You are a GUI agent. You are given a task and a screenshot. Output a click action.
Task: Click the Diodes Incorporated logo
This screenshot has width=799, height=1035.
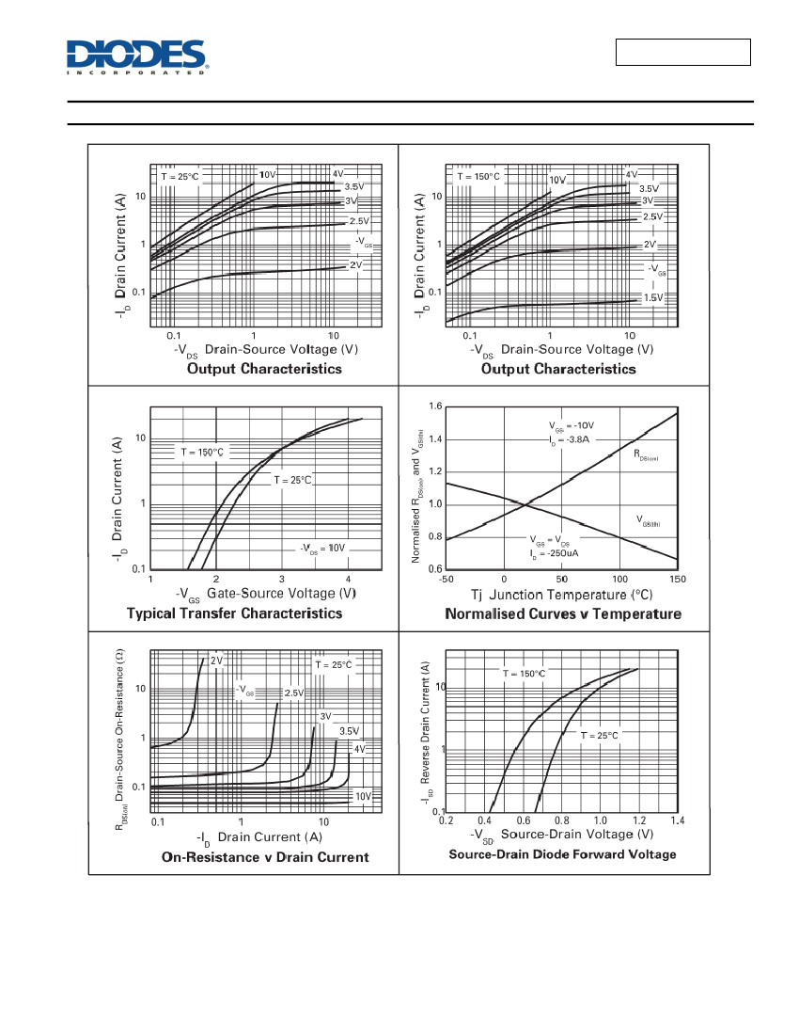(x=137, y=56)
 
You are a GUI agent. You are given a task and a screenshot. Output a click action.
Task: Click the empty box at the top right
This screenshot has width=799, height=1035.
(x=683, y=52)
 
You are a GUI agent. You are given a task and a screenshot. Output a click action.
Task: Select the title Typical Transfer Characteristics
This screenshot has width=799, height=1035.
(x=235, y=613)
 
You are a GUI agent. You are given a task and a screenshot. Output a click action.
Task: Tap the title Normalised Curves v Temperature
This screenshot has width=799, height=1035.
(x=563, y=613)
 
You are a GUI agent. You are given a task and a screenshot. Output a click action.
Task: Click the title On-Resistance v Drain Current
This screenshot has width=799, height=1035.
(x=265, y=857)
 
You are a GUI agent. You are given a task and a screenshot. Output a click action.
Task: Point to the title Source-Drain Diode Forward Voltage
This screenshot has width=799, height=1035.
(x=562, y=854)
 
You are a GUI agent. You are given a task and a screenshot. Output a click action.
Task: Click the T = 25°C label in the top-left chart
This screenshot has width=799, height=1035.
(x=180, y=177)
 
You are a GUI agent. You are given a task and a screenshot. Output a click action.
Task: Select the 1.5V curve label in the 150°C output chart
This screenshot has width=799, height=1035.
(x=653, y=297)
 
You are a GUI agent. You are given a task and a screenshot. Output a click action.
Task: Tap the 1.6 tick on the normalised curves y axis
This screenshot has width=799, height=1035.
(x=435, y=406)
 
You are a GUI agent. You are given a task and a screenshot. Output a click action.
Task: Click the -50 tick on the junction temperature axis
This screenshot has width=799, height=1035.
(x=446, y=580)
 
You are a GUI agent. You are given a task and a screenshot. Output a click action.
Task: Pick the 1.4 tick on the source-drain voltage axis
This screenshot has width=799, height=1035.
(x=678, y=820)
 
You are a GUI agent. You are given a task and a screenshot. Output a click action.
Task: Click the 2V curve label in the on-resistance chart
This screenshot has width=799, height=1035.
(x=217, y=661)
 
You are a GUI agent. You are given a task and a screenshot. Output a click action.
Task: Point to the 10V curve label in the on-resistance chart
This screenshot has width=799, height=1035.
(x=363, y=796)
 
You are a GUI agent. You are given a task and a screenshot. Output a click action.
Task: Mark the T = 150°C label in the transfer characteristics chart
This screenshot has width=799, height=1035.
(x=202, y=453)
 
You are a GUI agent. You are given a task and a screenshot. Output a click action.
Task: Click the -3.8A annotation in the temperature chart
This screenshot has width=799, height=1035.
(x=570, y=439)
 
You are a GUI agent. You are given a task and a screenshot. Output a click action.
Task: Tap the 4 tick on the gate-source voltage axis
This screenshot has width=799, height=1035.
(x=348, y=580)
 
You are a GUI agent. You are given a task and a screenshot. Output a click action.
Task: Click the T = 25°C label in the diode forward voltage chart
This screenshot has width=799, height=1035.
(x=600, y=736)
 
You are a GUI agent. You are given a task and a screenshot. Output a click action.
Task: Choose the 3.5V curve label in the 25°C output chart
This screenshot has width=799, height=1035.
(x=354, y=187)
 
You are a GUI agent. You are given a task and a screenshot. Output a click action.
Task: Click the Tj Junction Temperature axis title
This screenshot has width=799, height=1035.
(x=562, y=595)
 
